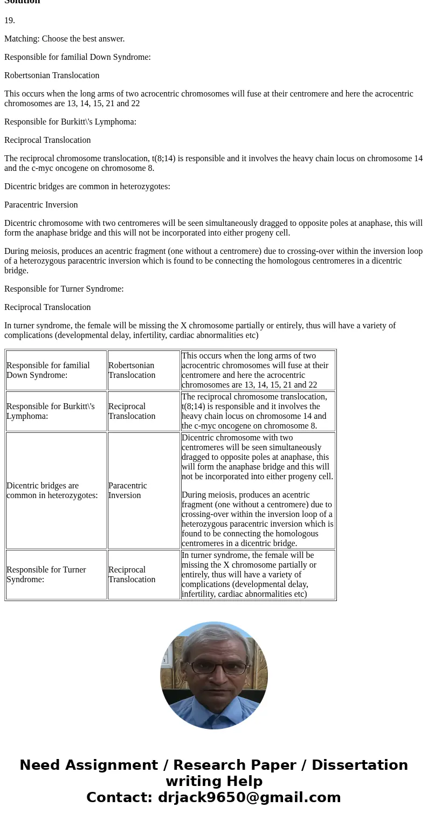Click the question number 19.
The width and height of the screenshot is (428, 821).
coord(10,20)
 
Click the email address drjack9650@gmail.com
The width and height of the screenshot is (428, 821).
coord(249,798)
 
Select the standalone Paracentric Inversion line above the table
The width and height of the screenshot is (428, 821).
coord(41,205)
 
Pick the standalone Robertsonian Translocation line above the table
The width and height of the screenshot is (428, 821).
coord(52,75)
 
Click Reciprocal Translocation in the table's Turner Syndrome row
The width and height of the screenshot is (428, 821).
coord(132,575)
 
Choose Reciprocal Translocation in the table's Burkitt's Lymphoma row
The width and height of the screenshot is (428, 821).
coord(132,411)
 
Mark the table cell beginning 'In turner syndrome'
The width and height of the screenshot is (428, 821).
coord(258,575)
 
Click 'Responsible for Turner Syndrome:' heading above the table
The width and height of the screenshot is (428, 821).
coord(64,289)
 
